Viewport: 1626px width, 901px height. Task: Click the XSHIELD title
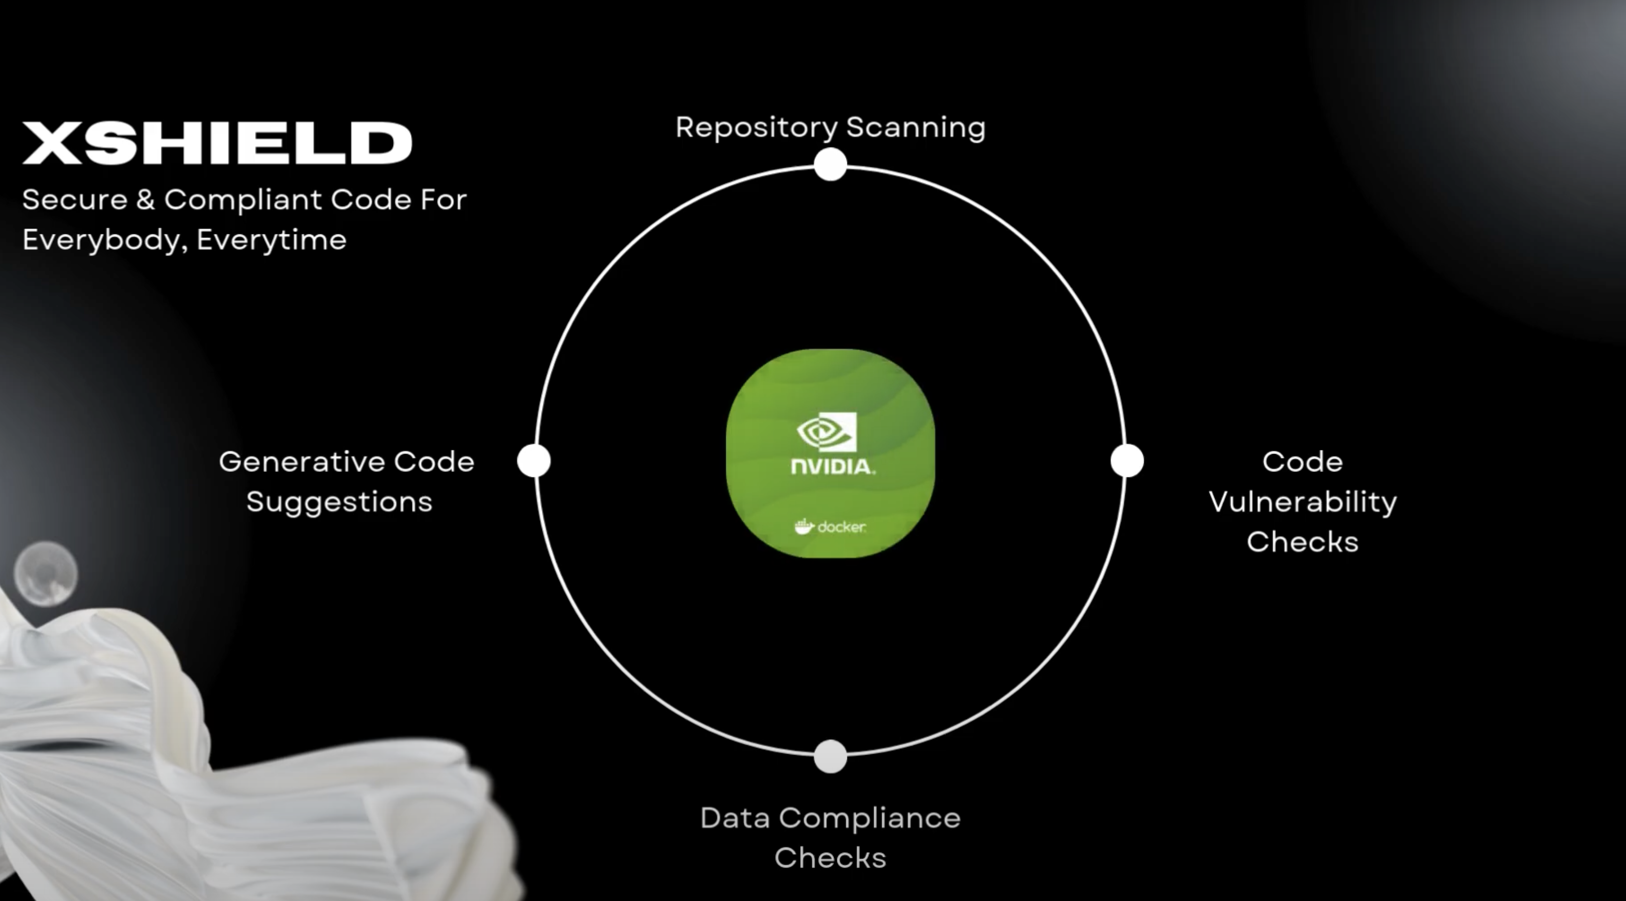pos(217,143)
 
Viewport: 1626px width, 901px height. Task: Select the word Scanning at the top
pos(915,128)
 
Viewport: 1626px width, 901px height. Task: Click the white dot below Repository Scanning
pos(830,165)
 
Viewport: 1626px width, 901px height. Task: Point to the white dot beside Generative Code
pos(534,460)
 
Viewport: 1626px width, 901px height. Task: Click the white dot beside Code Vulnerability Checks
pos(1127,460)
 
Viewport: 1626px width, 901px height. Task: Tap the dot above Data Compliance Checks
pos(830,756)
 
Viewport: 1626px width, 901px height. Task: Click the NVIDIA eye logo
pos(827,432)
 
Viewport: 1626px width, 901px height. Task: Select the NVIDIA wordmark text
pos(832,467)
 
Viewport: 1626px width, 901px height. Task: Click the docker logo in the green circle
pos(830,526)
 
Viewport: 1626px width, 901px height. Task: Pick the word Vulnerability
pos(1303,502)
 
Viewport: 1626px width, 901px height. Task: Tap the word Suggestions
pos(340,502)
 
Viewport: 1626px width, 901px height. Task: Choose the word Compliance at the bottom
pos(869,818)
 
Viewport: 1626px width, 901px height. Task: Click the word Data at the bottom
pos(735,818)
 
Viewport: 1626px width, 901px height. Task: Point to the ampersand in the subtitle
pos(145,200)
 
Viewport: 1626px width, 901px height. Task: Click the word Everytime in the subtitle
pos(271,240)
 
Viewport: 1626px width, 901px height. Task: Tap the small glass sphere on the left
pos(45,573)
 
